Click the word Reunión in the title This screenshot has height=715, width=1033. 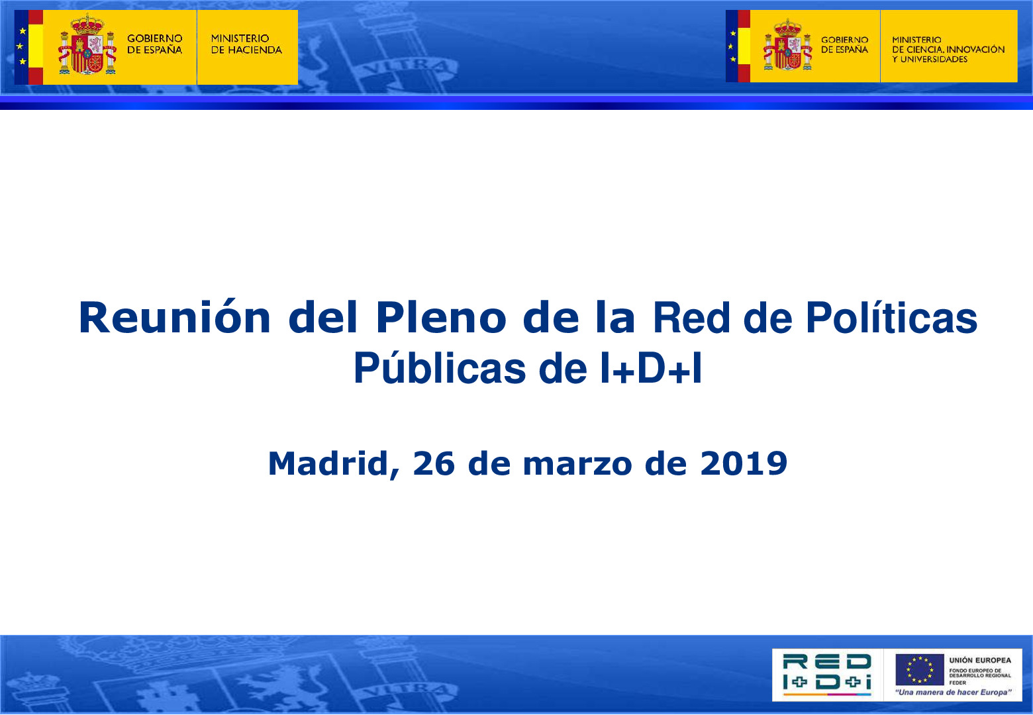(175, 318)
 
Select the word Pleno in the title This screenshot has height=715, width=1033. (441, 318)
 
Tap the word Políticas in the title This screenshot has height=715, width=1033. (891, 318)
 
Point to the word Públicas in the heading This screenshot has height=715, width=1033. (438, 369)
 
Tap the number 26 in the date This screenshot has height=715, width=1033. (434, 463)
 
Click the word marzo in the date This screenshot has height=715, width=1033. (577, 463)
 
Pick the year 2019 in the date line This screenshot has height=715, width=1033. (744, 463)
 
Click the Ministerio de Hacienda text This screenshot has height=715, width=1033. (246, 44)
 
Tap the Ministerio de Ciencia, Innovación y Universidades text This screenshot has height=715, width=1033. (948, 50)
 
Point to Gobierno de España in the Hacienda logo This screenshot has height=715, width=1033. (154, 44)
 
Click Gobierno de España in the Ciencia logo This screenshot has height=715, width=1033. (844, 45)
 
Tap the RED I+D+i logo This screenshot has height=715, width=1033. (827, 673)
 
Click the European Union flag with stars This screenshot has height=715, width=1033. (919, 669)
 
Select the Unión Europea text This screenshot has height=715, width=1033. (980, 660)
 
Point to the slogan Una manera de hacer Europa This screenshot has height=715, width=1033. (953, 692)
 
